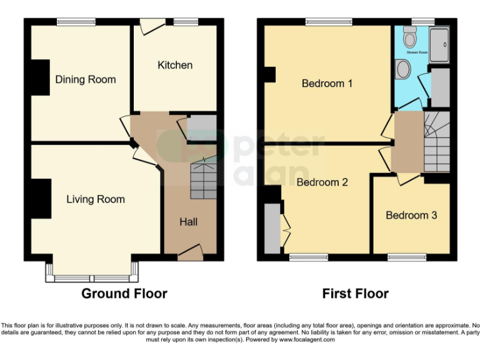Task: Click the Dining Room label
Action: point(86,79)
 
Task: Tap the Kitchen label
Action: point(175,65)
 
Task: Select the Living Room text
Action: point(96,199)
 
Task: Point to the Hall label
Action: point(189,222)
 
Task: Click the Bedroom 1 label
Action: point(327,83)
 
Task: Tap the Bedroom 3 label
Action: point(411,215)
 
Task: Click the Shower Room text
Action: point(417,53)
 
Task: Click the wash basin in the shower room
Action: point(403,69)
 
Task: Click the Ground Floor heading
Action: point(124,293)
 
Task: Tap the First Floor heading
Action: point(355,293)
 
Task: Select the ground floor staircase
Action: point(203,178)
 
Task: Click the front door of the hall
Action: point(190,253)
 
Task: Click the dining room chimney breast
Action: point(41,77)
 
